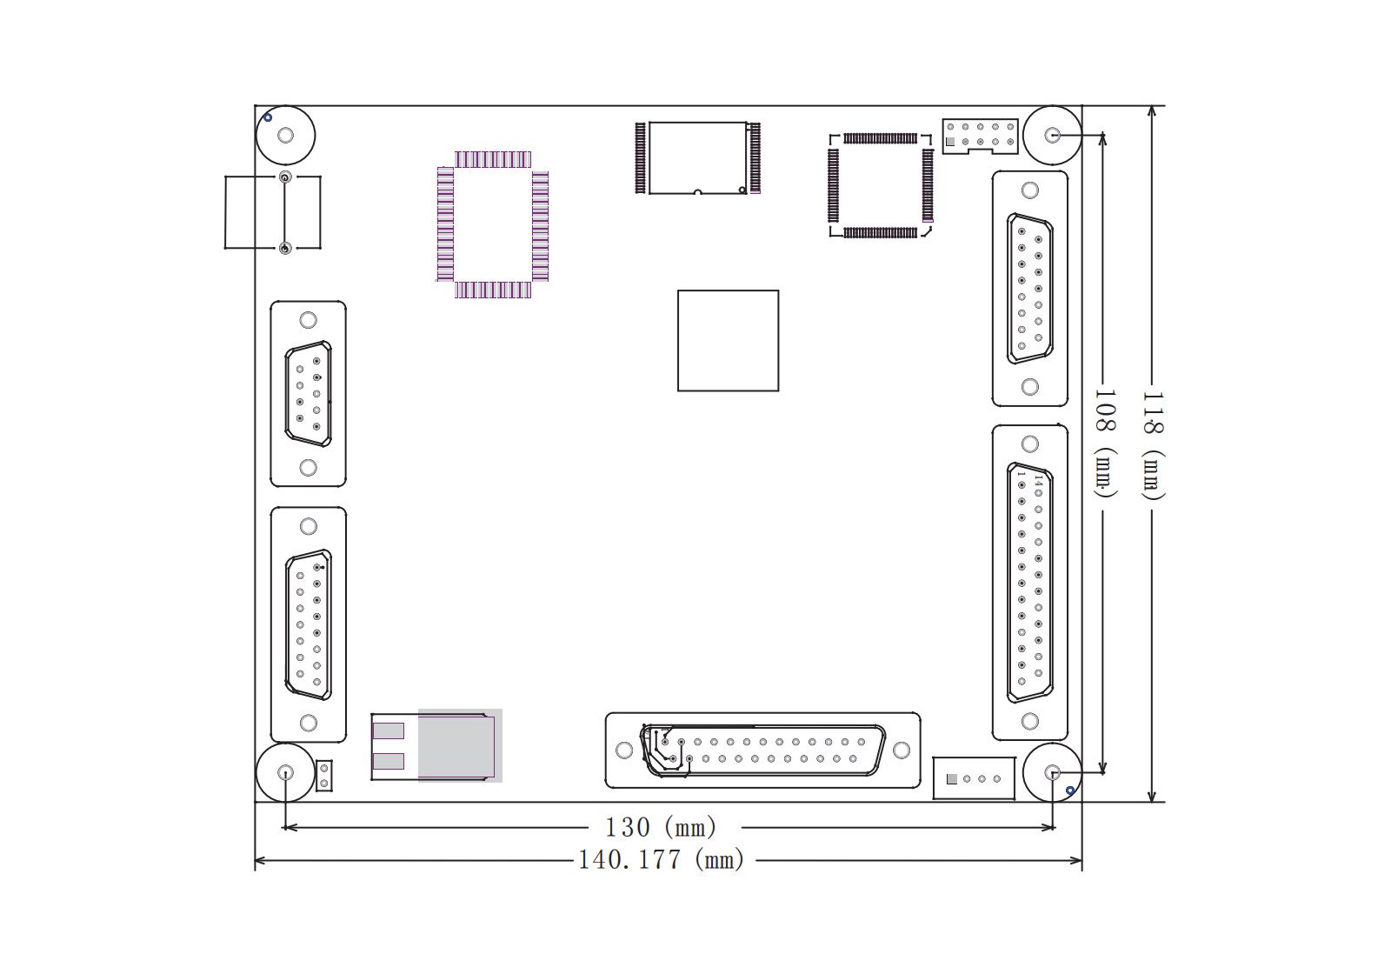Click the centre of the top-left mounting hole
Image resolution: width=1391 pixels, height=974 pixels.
point(286,136)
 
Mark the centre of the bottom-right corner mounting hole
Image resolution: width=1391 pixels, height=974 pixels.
point(1053,773)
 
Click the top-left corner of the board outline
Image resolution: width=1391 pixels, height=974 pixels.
point(256,105)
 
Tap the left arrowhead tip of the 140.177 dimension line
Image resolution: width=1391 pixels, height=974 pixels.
point(256,860)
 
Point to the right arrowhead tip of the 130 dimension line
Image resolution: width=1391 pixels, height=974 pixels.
point(1055,827)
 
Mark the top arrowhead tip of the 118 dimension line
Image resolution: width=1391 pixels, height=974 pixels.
point(1152,106)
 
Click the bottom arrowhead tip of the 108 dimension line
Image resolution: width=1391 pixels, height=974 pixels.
point(1103,775)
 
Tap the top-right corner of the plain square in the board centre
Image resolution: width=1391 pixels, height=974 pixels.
point(779,290)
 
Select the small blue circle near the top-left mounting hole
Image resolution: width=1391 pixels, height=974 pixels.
point(268,117)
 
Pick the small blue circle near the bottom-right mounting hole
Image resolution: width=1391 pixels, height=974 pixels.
point(1070,791)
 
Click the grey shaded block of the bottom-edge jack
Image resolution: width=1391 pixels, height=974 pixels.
point(460,745)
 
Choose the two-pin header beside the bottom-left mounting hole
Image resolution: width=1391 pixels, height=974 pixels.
point(324,776)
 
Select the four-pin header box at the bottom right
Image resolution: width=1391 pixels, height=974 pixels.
point(974,778)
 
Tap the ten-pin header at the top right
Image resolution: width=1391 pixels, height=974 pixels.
point(980,135)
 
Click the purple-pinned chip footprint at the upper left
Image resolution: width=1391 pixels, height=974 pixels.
point(492,224)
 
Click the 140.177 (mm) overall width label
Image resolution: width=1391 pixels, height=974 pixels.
point(661,860)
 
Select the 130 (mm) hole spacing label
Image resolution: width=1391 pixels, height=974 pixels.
point(661,827)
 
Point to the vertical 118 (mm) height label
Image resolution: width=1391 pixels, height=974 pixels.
point(1153,445)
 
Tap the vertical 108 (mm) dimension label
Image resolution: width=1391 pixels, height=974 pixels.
point(1105,444)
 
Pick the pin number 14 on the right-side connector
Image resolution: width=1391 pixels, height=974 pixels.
point(1038,480)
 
